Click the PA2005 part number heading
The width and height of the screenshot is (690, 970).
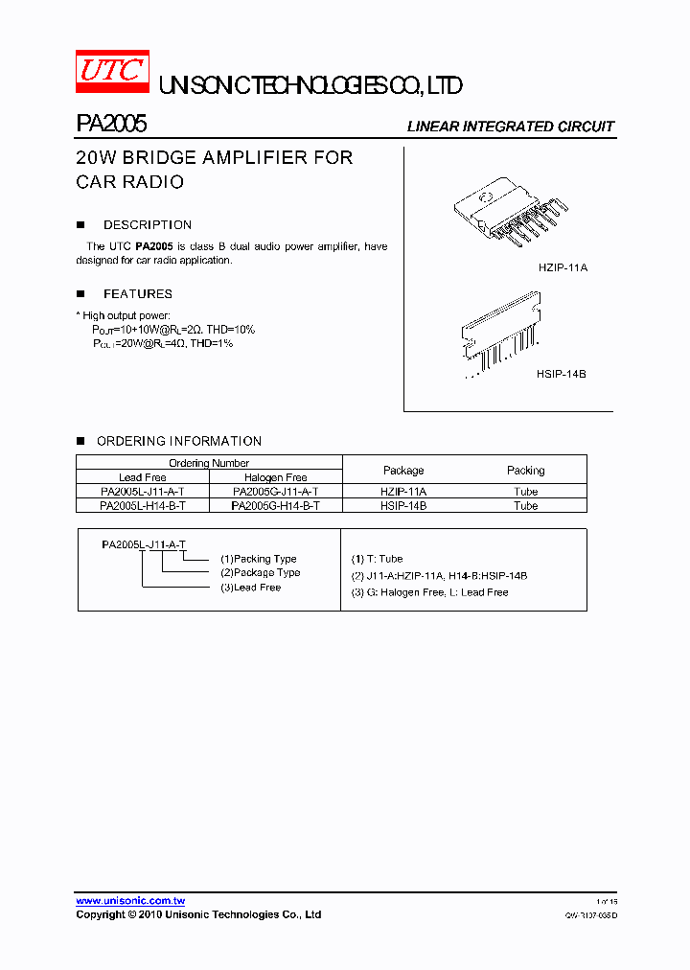[x=111, y=125]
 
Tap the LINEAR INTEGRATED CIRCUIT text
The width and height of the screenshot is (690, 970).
[x=510, y=127]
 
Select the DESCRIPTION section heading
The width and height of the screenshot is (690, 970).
[x=148, y=225]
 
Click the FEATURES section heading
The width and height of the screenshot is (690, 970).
[x=138, y=294]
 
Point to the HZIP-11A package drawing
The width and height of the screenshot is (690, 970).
[x=511, y=212]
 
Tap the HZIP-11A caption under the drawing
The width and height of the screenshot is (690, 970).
[x=563, y=268]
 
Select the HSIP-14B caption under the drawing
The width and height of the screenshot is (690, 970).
[x=562, y=374]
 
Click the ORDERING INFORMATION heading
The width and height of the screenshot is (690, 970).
[x=179, y=442]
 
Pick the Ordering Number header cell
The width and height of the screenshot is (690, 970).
[x=209, y=463]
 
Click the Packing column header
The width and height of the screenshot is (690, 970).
[x=525, y=471]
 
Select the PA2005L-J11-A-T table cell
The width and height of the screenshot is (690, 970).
[x=143, y=491]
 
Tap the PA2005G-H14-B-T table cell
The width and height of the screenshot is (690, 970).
[x=276, y=505]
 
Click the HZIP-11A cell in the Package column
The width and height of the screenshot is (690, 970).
[x=403, y=491]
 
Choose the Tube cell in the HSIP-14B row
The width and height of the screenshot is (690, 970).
[x=525, y=505]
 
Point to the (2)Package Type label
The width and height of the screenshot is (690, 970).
[x=260, y=573]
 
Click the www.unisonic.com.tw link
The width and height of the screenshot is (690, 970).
[x=130, y=901]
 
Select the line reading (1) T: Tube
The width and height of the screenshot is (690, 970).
[x=378, y=559]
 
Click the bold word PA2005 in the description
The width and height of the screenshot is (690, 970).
[x=154, y=247]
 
